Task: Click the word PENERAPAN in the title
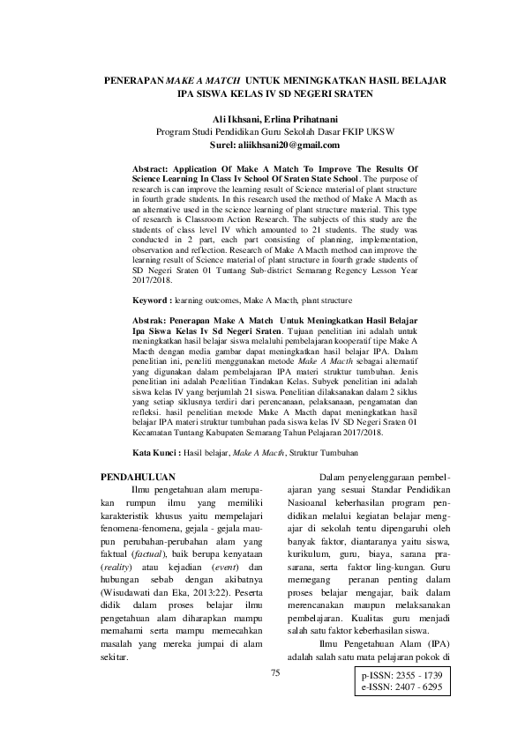click(x=133, y=79)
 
